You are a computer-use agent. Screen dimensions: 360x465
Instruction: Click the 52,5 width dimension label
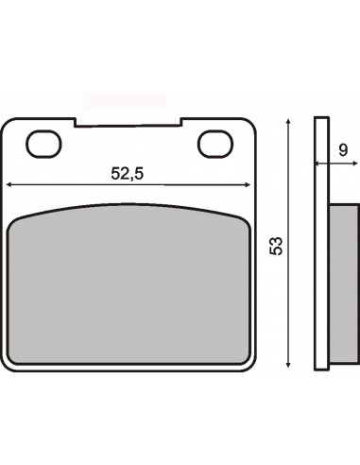(128, 173)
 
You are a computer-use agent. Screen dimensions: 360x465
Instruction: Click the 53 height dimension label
(276, 246)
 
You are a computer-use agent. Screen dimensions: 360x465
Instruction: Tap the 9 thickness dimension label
(343, 150)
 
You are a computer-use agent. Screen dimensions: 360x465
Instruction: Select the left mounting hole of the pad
(43, 144)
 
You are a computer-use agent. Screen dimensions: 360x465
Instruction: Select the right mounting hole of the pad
(215, 144)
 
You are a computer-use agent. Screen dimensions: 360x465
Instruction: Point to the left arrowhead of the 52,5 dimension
(9, 185)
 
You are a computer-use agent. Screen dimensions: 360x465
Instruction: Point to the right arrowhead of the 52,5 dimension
(248, 185)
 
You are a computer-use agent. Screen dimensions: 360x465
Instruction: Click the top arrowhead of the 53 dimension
(287, 122)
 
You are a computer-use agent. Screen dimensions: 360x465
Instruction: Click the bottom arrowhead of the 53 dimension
(287, 364)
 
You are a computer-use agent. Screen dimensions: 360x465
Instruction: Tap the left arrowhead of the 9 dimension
(318, 164)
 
